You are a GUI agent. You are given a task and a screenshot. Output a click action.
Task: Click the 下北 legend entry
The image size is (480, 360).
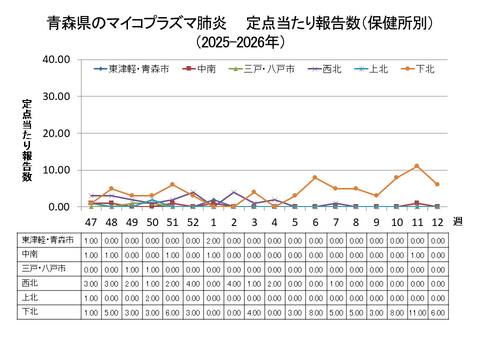(x=422, y=69)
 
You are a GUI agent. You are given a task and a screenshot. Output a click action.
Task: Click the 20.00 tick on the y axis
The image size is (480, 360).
(x=55, y=133)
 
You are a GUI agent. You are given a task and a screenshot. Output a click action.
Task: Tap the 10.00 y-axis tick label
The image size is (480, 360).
(x=55, y=170)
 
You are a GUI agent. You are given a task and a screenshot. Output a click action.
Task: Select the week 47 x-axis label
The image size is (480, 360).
(x=91, y=222)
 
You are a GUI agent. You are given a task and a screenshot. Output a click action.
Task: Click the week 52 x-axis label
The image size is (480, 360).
(x=192, y=222)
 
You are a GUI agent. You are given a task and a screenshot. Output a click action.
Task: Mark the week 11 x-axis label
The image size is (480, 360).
(x=417, y=222)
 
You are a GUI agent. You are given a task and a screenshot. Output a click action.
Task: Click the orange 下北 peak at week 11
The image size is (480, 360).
(x=417, y=166)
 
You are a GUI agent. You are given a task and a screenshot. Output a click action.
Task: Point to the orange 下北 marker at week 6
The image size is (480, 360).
(x=315, y=177)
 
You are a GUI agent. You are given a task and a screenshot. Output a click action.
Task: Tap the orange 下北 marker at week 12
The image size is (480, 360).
(x=437, y=184)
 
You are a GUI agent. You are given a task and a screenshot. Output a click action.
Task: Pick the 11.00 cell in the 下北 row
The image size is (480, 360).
(x=417, y=312)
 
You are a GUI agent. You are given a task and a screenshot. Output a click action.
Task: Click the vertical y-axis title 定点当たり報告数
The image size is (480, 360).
(x=27, y=140)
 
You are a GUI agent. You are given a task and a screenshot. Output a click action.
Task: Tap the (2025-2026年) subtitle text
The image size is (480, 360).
(x=240, y=42)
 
